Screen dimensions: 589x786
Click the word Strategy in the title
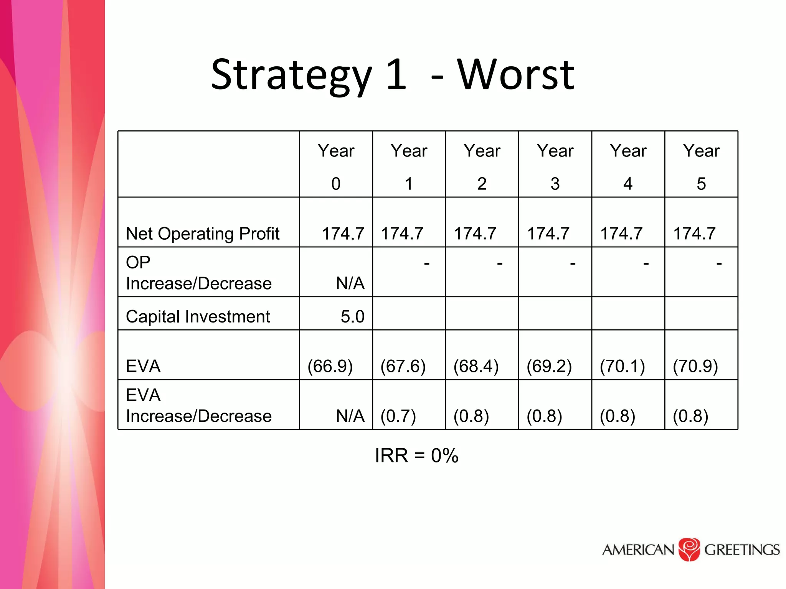click(x=292, y=76)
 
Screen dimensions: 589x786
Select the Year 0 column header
click(x=336, y=166)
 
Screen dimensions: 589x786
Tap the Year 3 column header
click(x=555, y=166)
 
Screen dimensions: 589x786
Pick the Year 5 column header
click(x=701, y=166)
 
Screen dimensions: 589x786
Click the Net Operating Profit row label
click(x=203, y=234)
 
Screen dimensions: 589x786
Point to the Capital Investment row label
click(x=198, y=317)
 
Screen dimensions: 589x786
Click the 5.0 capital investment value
click(x=352, y=317)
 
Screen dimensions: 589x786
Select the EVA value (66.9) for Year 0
click(x=330, y=366)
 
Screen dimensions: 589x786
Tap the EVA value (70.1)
click(x=622, y=366)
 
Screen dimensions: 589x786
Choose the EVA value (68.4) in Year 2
click(x=476, y=366)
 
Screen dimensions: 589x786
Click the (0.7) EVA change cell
click(x=398, y=416)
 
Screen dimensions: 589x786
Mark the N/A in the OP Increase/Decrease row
click(x=350, y=283)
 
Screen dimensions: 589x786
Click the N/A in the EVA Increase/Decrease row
click(x=350, y=416)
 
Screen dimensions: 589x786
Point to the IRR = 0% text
click(x=416, y=456)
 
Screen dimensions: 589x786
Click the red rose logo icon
click(x=689, y=550)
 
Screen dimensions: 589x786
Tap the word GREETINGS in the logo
click(x=742, y=550)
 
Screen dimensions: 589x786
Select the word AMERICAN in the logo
click(x=638, y=550)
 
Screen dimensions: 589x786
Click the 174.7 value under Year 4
click(x=621, y=234)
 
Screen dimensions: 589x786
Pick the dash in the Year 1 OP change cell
click(x=426, y=263)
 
